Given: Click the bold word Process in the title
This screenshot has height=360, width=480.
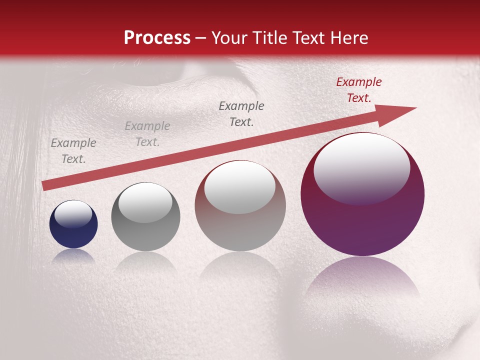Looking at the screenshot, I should [157, 38].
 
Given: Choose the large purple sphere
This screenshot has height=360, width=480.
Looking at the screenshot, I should [362, 225].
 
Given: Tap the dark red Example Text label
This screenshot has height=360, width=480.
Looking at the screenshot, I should [358, 90].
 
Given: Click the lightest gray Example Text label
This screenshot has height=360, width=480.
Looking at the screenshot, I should [147, 134].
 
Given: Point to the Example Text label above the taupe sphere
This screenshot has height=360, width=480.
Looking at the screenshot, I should [241, 114].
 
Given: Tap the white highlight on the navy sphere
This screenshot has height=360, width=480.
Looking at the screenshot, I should [73, 214].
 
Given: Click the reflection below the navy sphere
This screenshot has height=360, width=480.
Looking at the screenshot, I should [73, 256].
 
